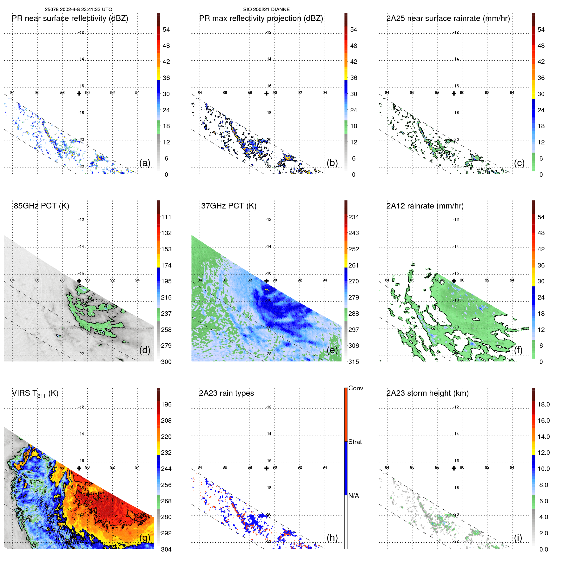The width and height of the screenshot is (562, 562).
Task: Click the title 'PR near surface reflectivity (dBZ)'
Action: pos(70,18)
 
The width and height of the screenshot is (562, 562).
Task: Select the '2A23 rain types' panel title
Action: pos(226,393)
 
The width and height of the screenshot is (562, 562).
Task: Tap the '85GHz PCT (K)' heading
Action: pos(41,206)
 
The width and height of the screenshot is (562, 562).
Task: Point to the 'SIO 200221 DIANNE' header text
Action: pos(266,10)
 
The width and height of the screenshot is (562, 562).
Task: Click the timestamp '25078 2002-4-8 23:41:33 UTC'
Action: pos(78,10)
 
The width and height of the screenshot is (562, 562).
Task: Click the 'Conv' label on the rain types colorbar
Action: pos(355,388)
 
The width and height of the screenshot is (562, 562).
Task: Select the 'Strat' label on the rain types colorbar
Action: pos(355,442)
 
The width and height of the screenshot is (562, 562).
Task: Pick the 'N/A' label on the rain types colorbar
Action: pos(354,496)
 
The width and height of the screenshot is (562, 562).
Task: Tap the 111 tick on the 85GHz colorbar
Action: pos(166,217)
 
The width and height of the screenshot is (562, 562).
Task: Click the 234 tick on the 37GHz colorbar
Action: pos(354,217)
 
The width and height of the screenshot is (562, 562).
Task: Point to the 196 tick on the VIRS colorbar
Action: pos(166,404)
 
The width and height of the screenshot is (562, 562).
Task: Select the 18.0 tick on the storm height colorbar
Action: pos(544,404)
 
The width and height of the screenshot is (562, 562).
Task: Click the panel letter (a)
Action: pos(145,163)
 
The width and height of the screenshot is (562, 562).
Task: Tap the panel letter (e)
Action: pos(332,350)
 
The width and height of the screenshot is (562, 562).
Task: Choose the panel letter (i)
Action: pos(518,538)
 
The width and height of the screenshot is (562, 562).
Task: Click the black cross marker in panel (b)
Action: pos(267,93)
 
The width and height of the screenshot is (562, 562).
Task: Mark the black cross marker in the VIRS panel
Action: pos(79,468)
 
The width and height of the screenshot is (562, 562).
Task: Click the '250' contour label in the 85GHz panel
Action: pos(99,332)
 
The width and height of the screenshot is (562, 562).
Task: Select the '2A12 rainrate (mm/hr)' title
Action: pos(425,206)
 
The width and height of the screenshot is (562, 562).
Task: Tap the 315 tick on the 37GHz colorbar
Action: pos(354,362)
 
